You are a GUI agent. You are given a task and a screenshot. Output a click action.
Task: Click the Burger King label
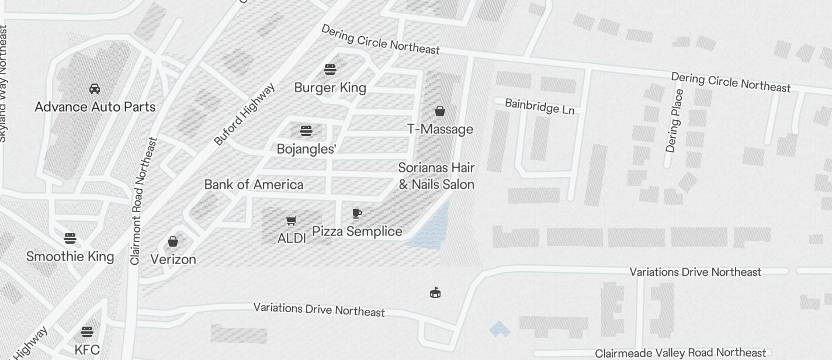(330, 88)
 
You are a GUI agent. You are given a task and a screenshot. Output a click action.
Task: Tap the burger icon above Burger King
(330, 70)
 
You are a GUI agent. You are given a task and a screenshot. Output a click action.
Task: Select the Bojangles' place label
(306, 149)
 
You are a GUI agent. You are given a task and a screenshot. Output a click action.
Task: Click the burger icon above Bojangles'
(306, 131)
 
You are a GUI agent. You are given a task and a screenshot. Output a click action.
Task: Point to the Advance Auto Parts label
(95, 107)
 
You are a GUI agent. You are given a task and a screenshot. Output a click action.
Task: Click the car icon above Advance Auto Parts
(95, 89)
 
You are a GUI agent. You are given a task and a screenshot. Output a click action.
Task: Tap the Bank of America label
(254, 185)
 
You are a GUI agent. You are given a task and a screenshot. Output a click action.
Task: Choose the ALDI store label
(292, 238)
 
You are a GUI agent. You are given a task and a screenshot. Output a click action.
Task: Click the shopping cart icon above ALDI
(292, 220)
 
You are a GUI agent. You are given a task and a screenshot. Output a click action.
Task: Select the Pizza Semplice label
(357, 231)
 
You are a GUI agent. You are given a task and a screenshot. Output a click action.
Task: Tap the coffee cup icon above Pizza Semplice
(357, 213)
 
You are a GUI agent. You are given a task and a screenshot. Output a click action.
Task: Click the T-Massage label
(440, 129)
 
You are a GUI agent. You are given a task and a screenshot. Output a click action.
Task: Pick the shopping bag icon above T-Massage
(440, 111)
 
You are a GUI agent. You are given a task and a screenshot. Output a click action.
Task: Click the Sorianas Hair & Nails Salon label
(436, 176)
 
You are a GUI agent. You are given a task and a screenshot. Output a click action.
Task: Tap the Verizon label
(173, 259)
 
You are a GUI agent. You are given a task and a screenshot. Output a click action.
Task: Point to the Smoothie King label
(70, 257)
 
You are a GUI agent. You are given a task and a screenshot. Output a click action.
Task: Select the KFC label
(87, 350)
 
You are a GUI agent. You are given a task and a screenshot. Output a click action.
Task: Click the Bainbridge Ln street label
(539, 106)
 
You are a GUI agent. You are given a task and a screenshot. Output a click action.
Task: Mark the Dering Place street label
(674, 120)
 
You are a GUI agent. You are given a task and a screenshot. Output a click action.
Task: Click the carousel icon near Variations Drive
(435, 292)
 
